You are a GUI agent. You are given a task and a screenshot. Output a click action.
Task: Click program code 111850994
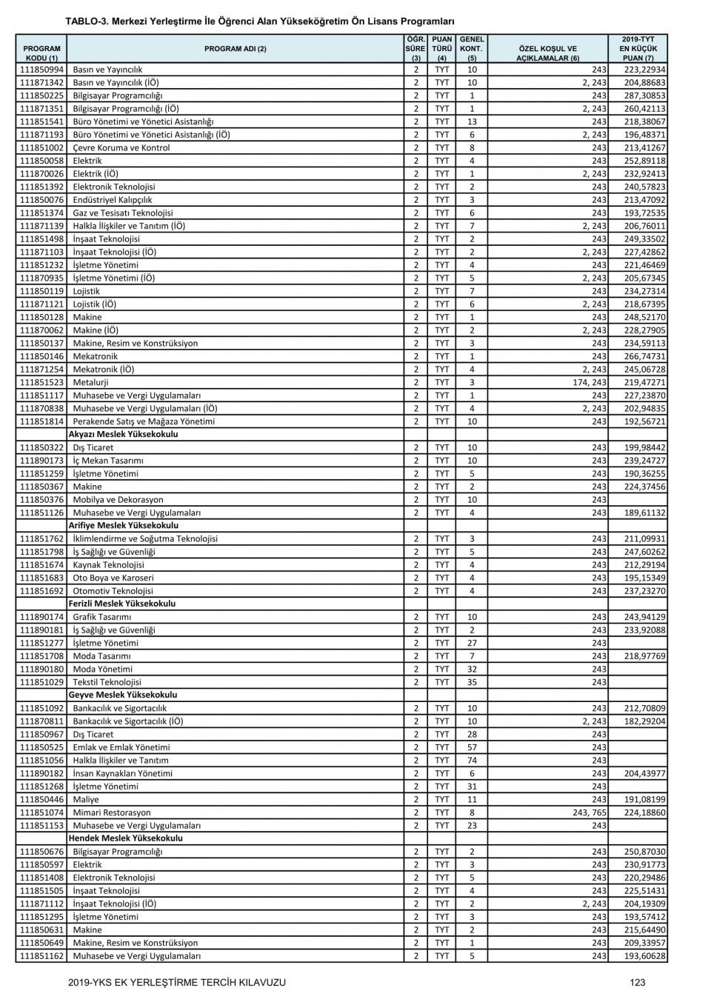[x=41, y=70]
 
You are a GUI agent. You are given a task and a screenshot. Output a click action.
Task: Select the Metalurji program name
[x=90, y=382]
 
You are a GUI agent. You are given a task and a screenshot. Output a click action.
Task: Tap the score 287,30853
[x=644, y=96]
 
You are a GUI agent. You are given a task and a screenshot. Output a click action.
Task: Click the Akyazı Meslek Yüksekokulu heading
[x=123, y=435]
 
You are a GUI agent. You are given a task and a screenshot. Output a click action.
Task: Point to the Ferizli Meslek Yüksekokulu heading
[x=121, y=604]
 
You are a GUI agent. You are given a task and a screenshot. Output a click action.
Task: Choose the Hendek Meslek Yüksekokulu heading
[x=125, y=838]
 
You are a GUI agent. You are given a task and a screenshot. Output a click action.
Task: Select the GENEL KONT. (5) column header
[x=472, y=48]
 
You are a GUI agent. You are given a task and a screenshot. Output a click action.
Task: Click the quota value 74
[x=472, y=760]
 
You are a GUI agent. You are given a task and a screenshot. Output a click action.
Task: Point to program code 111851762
[x=41, y=538]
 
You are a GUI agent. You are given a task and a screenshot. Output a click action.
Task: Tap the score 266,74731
[x=644, y=356]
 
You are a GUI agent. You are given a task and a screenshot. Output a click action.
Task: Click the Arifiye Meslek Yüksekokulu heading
[x=123, y=526]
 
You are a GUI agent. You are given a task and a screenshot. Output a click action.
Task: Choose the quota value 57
[x=472, y=747]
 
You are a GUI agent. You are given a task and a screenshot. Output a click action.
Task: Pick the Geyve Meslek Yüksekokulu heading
[x=122, y=695]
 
